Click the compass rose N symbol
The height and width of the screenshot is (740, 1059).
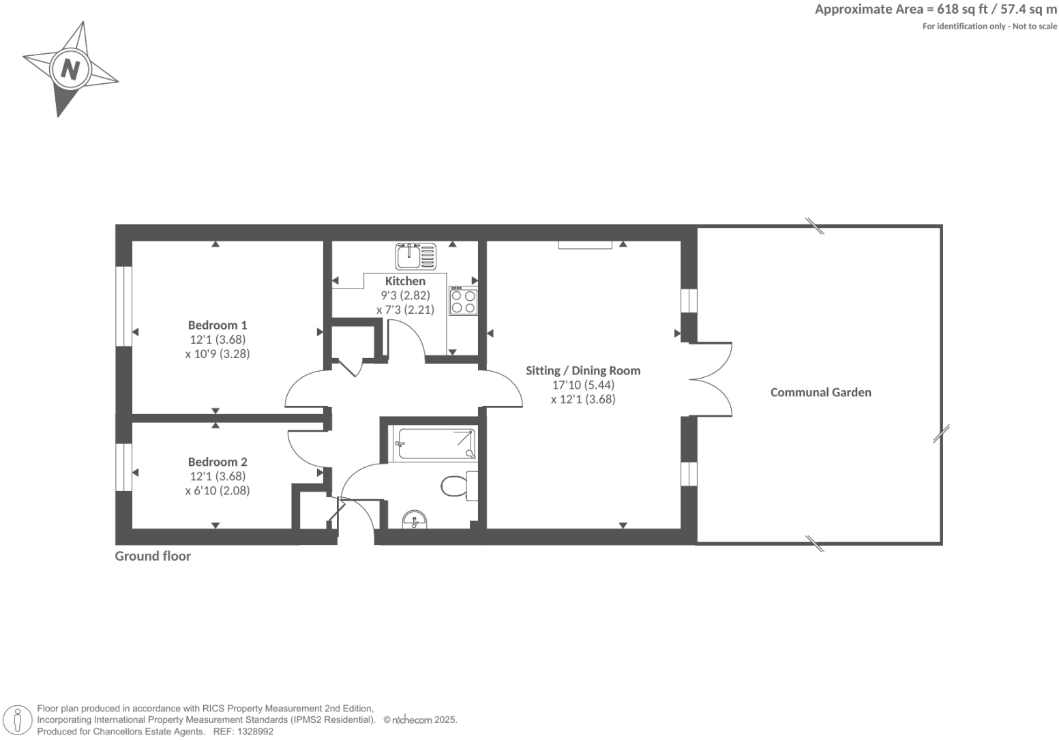70,69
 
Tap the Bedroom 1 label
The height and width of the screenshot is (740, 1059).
218,325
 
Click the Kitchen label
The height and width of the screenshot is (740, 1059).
405,281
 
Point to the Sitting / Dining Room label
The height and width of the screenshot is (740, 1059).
583,370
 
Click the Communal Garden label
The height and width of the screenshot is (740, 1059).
820,392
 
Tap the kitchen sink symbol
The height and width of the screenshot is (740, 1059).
415,256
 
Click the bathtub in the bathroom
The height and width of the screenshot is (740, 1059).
434,444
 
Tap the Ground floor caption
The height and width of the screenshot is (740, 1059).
153,556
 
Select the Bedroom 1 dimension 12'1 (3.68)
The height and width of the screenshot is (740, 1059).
218,340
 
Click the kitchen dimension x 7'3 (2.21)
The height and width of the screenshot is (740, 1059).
405,310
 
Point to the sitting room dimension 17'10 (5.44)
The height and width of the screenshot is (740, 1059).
583,385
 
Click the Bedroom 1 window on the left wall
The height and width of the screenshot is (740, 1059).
123,306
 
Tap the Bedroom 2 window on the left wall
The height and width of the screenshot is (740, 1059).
123,467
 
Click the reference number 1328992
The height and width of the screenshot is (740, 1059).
254,731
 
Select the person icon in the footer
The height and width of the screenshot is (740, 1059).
18,720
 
